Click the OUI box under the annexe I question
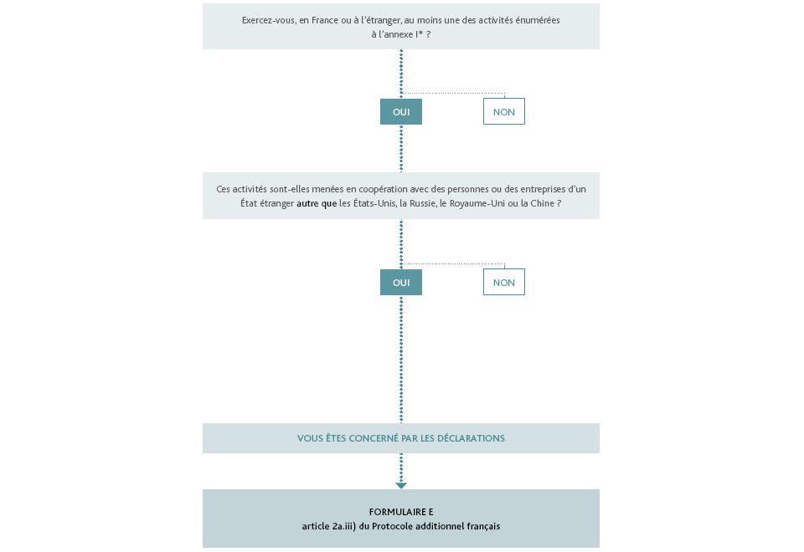point(401,112)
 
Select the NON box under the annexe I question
point(504,112)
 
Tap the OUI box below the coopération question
point(401,283)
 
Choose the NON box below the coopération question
point(504,283)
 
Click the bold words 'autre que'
point(317,203)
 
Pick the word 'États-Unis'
point(374,203)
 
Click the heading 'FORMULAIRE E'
point(401,512)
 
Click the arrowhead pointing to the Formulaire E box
point(401,485)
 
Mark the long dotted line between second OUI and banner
point(401,360)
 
